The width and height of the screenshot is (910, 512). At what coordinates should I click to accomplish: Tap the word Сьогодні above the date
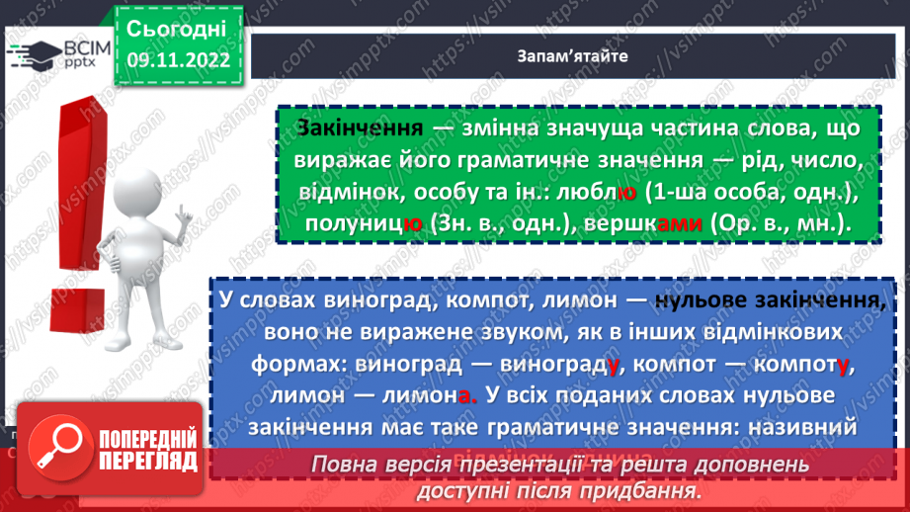(178, 27)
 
